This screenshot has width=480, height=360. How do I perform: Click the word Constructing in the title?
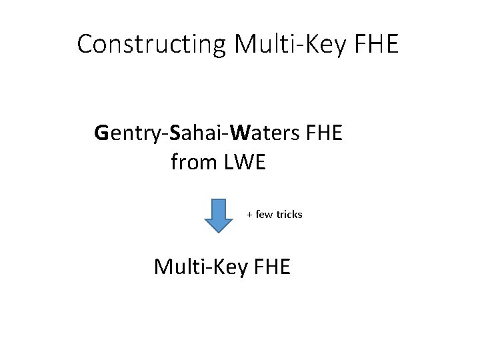tap(153, 45)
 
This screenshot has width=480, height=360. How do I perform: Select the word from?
tap(193, 161)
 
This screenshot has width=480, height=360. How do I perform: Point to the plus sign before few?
tap(250, 215)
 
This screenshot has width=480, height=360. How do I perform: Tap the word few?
tap(264, 215)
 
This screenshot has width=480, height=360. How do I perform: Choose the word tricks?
tap(289, 215)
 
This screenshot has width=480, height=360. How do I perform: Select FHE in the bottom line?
tap(272, 267)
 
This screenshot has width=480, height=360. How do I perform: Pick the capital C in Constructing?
tap(85, 45)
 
